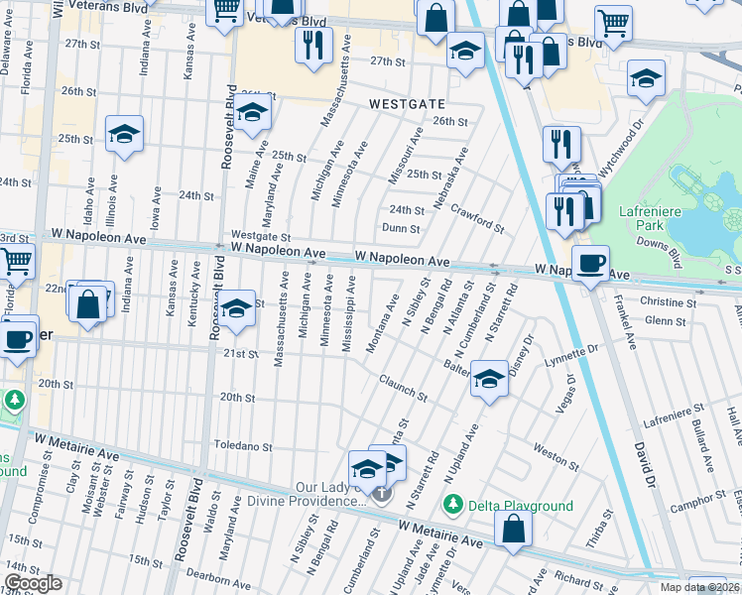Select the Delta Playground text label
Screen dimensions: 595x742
click(x=522, y=506)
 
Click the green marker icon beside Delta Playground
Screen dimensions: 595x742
click(x=454, y=505)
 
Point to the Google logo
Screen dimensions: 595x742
click(x=33, y=583)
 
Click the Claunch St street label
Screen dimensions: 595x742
click(x=403, y=388)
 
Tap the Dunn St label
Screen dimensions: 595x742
click(x=402, y=228)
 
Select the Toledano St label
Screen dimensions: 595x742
click(x=246, y=447)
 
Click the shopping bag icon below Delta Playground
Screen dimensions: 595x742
click(x=513, y=531)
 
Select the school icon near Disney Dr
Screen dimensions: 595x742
click(x=488, y=381)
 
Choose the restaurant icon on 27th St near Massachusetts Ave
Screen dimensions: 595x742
click(x=313, y=48)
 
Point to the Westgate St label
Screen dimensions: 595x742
click(x=260, y=237)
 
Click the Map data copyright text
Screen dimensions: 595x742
click(x=696, y=587)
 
